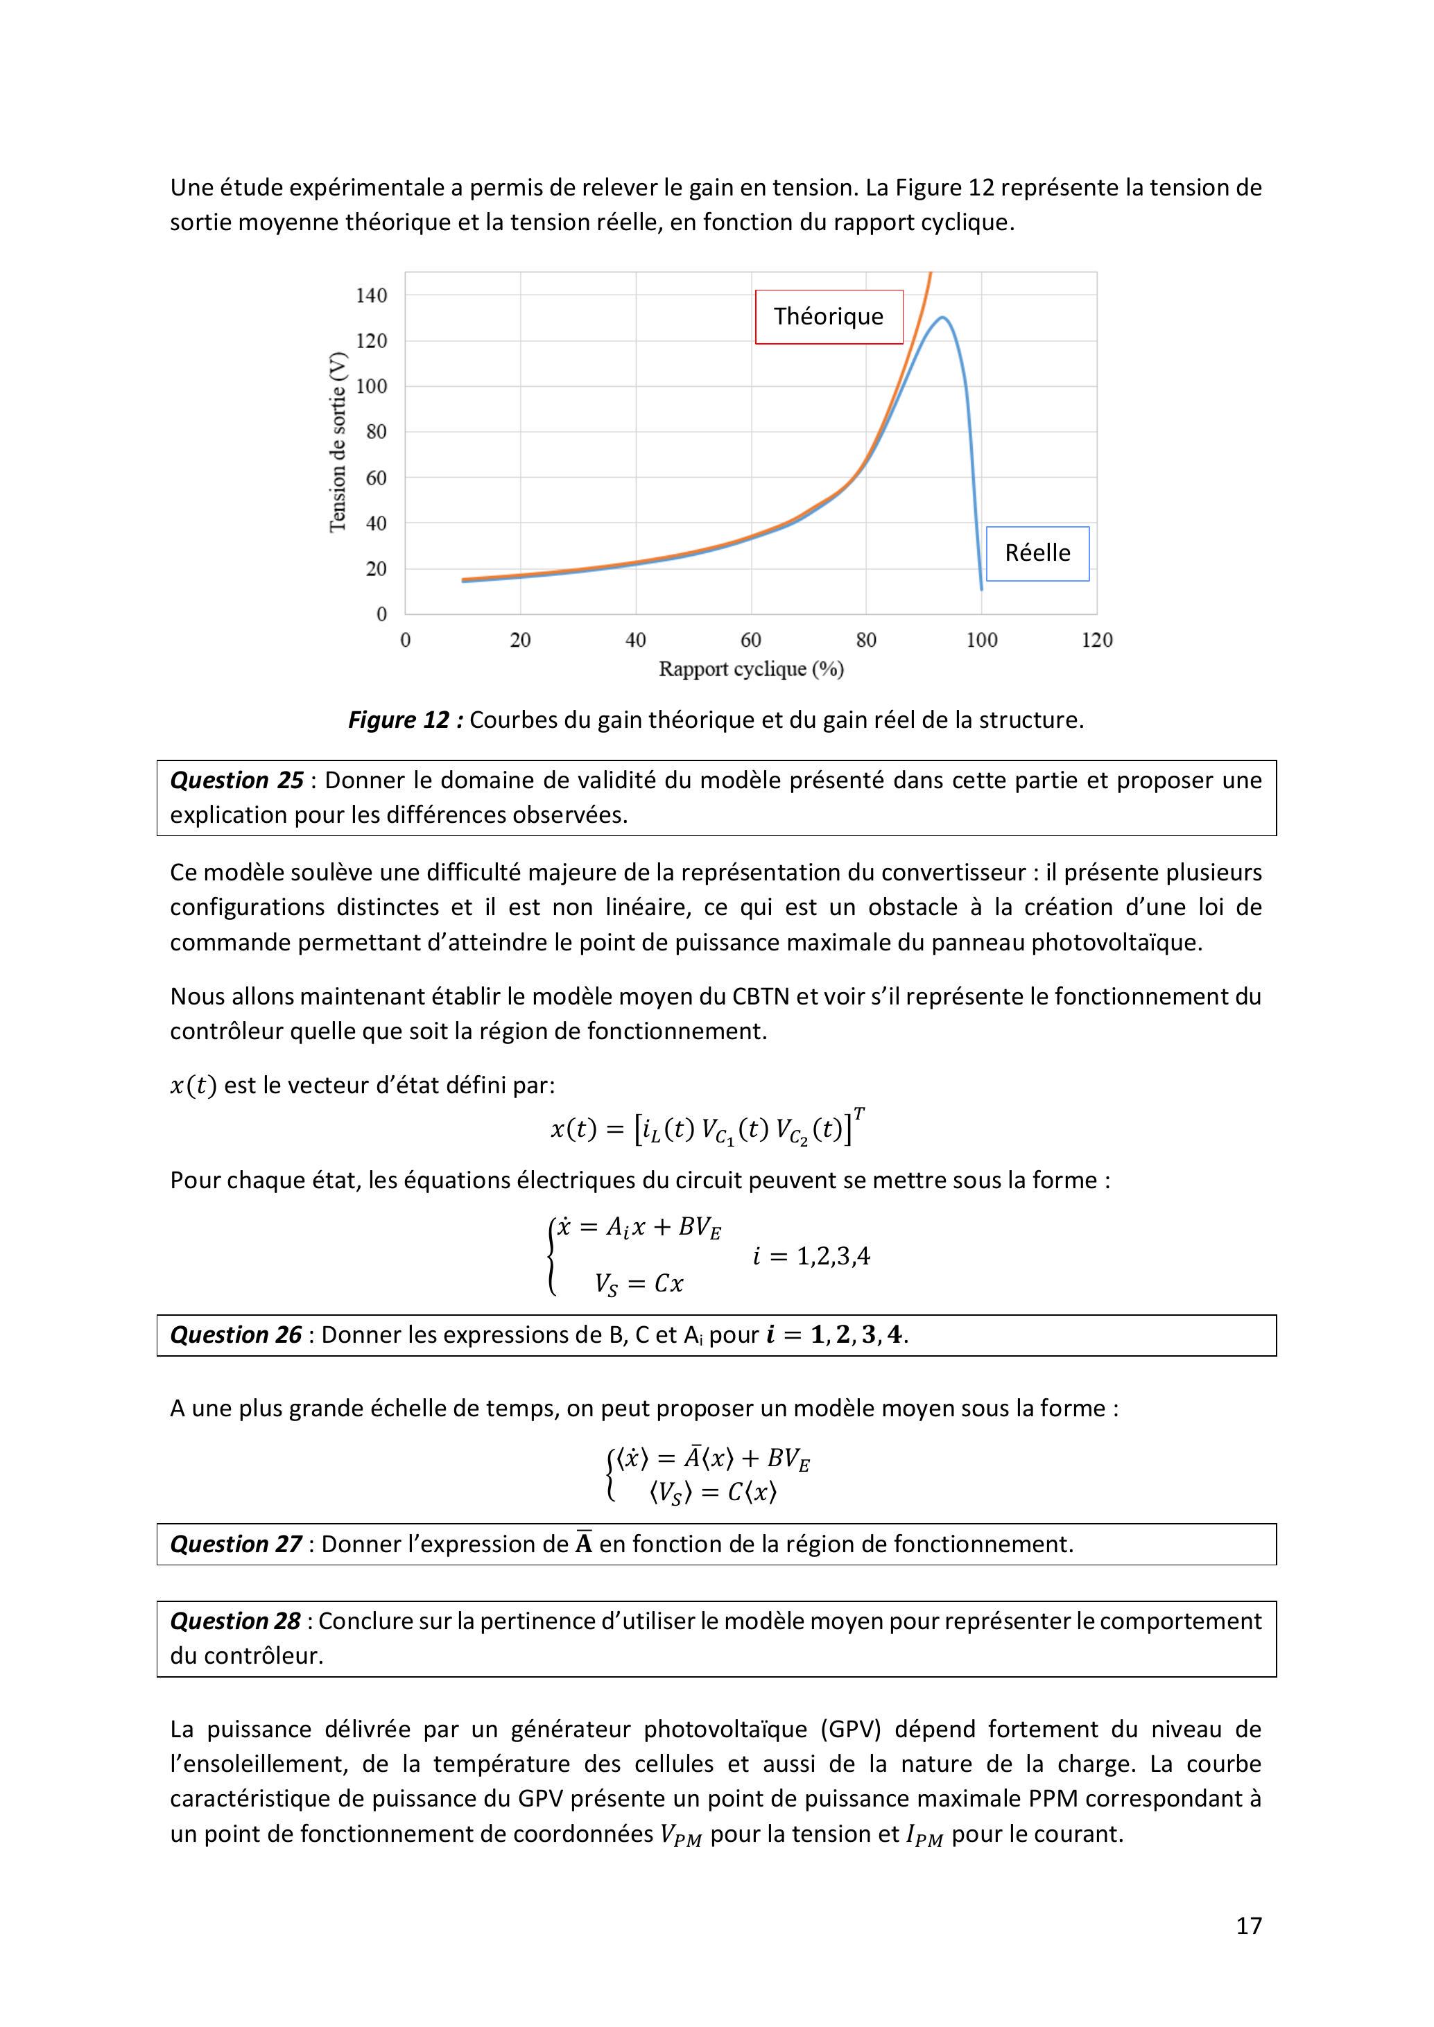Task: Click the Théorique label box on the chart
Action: pos(828,316)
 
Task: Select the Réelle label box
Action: pos(1037,553)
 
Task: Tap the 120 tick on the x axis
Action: pos(1097,640)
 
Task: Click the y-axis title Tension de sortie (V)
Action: pos(337,442)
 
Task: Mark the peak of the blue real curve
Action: pos(943,317)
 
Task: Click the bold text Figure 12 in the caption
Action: pos(405,720)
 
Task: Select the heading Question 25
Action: pos(236,781)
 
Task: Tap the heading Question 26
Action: pos(236,1335)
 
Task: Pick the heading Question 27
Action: pos(236,1544)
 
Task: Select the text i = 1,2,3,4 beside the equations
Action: pos(811,1256)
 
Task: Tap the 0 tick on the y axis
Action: pos(381,614)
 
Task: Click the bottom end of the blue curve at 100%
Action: pos(981,589)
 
